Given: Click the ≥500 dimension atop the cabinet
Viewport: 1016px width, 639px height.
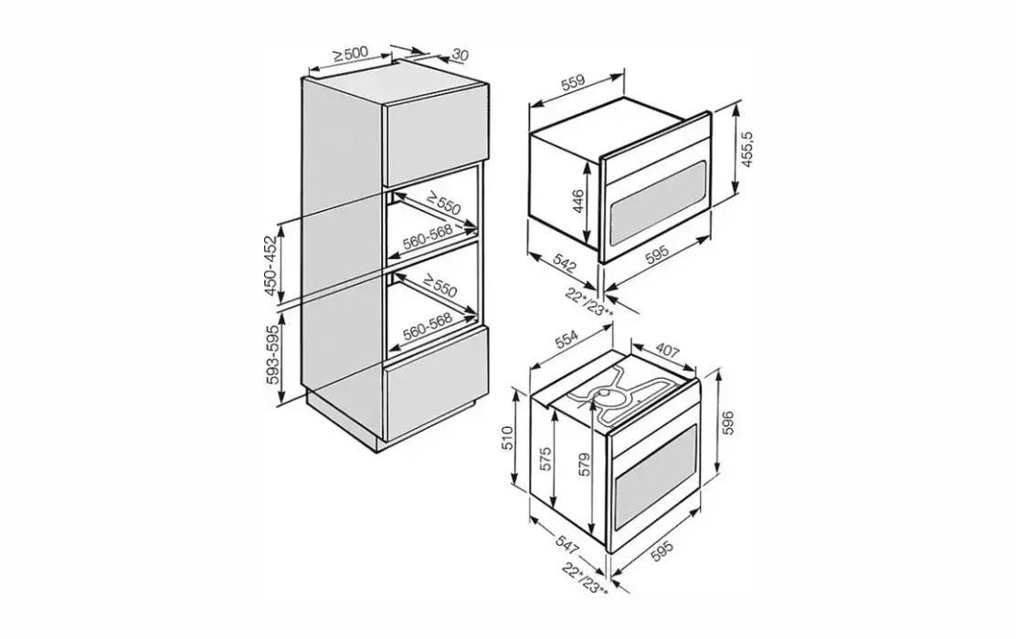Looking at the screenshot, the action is [351, 55].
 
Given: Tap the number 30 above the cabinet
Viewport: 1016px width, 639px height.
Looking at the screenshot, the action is [460, 55].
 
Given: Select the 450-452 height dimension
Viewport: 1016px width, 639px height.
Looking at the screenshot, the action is [270, 265].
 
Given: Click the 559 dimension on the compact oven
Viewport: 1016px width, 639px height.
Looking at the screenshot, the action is [573, 82].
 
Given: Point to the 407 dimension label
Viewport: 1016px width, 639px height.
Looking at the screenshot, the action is [667, 351].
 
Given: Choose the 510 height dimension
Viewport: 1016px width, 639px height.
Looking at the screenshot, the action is [508, 437].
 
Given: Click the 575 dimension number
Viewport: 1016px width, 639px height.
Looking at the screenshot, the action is [545, 459].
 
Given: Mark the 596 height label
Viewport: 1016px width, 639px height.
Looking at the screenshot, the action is [728, 423].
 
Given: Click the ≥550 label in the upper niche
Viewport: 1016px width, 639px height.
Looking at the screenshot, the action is [443, 203].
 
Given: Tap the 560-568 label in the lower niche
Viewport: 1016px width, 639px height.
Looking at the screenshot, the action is [427, 327].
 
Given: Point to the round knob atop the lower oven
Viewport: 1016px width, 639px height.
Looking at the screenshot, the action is [609, 394].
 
